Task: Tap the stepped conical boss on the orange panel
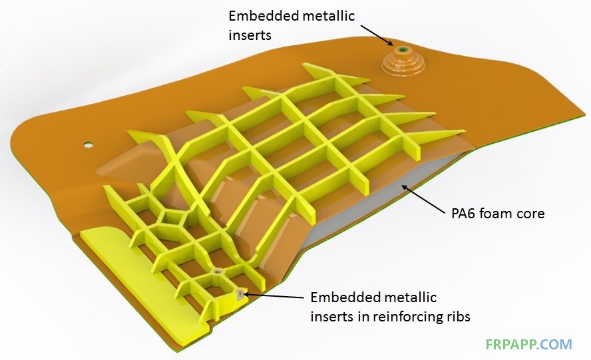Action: click(x=403, y=61)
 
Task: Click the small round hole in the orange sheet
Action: click(x=89, y=145)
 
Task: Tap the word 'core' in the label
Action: click(x=530, y=214)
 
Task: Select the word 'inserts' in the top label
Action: click(x=250, y=35)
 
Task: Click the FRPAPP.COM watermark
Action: click(x=528, y=344)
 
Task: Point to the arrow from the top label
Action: click(x=377, y=35)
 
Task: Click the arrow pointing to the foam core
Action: click(x=423, y=199)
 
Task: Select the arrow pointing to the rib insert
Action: click(x=274, y=295)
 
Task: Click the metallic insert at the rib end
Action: click(x=239, y=294)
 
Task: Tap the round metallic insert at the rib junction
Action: click(x=217, y=271)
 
